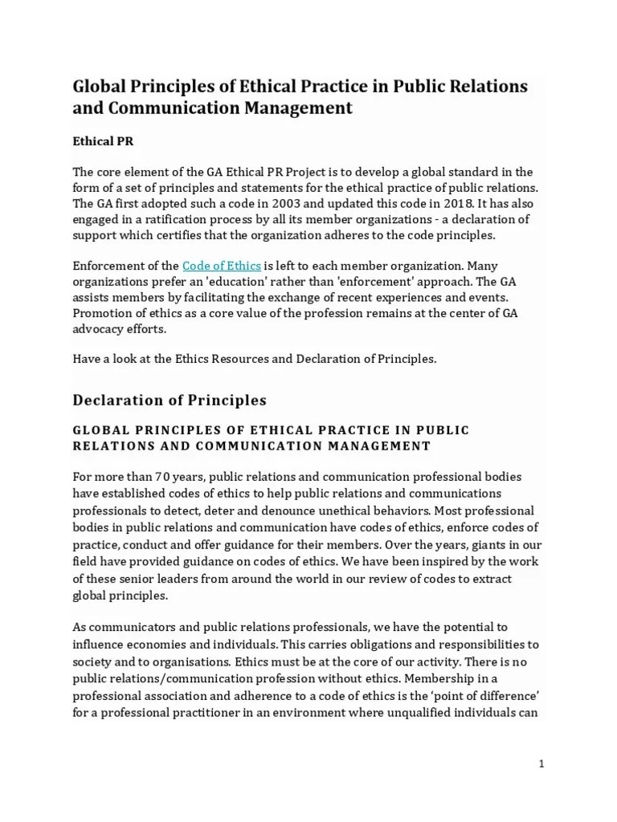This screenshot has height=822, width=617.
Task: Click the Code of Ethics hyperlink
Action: [x=221, y=266]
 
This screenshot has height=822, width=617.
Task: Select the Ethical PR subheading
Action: [x=104, y=140]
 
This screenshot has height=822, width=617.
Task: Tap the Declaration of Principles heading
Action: [x=170, y=399]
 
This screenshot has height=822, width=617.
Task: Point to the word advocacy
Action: [x=99, y=329]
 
